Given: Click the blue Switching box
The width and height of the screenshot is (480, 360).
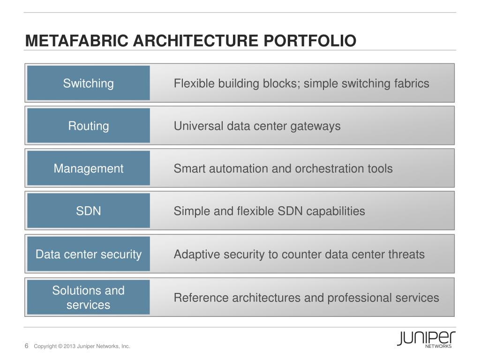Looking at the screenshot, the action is pos(88,83).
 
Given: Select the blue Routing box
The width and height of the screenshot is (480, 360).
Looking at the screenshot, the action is pos(88,126).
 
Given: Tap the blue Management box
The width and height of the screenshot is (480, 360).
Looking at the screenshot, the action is pos(88,168).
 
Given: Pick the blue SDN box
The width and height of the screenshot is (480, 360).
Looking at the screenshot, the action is pos(88,211).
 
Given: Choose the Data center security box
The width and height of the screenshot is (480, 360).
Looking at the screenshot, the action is pos(88,254).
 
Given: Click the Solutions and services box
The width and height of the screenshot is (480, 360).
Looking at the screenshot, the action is pos(88,297).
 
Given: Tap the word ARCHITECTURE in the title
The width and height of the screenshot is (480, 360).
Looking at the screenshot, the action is pos(196,41).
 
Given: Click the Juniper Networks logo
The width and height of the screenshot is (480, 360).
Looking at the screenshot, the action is pos(426,339).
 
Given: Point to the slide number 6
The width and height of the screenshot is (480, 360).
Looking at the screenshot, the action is pos(27,346).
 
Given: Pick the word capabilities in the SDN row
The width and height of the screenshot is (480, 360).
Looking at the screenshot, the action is pos(335,211).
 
